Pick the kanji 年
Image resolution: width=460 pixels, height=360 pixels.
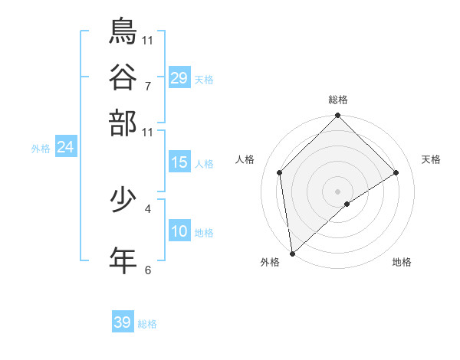coord(123,260)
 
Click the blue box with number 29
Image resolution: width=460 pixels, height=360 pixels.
coord(179,77)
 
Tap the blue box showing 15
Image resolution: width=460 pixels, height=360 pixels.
coord(179,162)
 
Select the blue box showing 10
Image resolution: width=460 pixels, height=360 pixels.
coord(179,231)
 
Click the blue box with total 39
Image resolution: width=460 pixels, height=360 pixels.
coord(123,322)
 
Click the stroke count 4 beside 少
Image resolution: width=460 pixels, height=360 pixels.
coord(148,208)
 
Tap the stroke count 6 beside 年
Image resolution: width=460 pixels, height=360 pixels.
coord(148,270)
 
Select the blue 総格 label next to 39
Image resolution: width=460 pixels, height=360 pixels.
coord(147,324)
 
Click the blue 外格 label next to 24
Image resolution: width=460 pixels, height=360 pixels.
coord(41,149)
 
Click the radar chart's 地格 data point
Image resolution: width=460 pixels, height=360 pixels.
coord(347,204)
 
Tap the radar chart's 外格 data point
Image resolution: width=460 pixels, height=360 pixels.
coord(292,254)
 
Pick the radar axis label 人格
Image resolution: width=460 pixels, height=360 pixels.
coord(245,159)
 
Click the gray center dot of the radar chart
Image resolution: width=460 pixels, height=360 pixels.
coord(338,191)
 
